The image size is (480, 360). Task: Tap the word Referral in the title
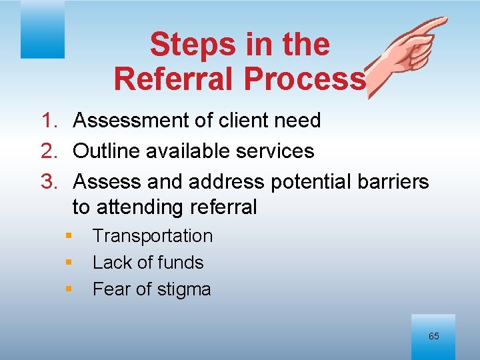pos(174,78)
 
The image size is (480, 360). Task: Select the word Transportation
pos(153,236)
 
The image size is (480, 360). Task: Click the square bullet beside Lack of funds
pos(68,263)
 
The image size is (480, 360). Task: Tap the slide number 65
pos(433,336)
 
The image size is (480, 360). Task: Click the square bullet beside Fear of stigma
pos(68,289)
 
